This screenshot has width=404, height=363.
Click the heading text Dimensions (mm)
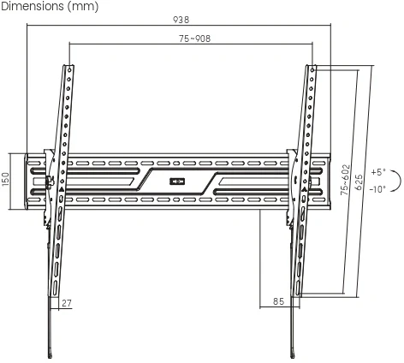(50, 7)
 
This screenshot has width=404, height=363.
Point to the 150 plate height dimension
(6, 181)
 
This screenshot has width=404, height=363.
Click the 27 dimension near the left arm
(67, 302)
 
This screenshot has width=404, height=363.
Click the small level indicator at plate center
(178, 181)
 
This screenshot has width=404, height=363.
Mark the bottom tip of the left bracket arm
(54, 354)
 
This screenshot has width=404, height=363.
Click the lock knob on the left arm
(50, 180)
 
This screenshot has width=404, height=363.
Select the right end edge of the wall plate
(330, 181)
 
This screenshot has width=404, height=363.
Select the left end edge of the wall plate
(27, 181)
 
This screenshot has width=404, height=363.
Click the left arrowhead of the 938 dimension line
(29, 25)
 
